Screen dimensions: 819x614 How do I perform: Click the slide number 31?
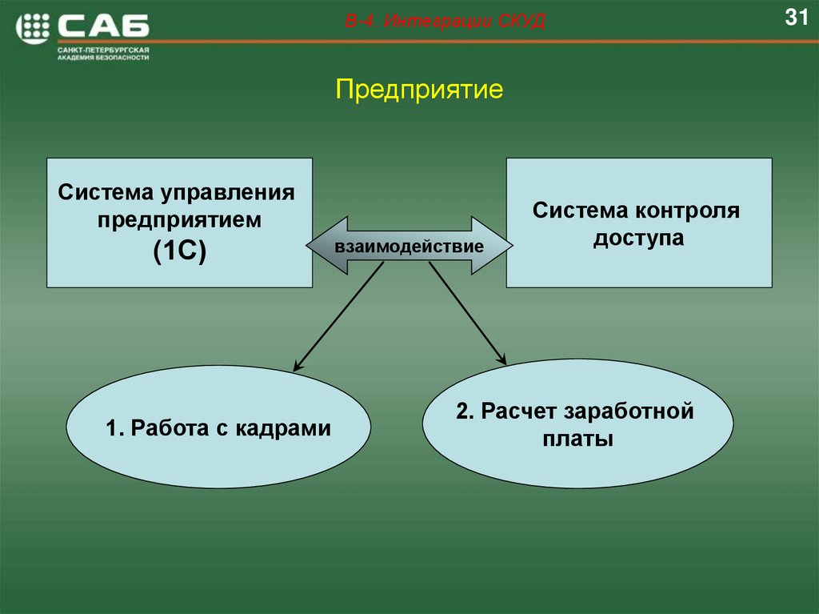point(797,18)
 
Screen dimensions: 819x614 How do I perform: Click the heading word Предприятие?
point(419,89)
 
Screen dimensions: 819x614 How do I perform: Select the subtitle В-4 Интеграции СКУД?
point(445,22)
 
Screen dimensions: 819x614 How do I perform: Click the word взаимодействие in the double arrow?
point(409,246)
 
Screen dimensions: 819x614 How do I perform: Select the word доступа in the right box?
point(638,239)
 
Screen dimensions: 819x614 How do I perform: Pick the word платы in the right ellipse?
point(577,439)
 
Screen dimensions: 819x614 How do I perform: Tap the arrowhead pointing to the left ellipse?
point(298,367)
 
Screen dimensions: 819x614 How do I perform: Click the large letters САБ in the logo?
point(104,27)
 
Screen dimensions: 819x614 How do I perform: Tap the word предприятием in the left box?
point(179,220)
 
